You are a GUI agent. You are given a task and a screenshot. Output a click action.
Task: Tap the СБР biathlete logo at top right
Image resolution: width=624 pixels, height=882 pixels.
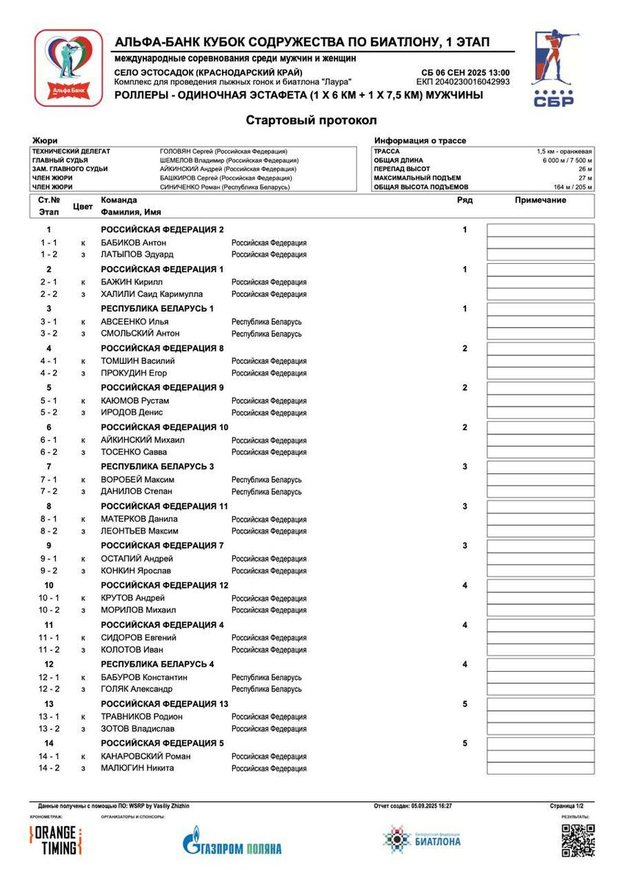tap(555, 68)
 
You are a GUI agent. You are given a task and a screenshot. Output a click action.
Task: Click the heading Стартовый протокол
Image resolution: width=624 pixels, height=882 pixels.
tap(312, 120)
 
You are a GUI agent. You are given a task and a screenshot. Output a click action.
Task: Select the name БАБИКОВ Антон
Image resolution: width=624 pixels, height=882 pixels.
tap(133, 243)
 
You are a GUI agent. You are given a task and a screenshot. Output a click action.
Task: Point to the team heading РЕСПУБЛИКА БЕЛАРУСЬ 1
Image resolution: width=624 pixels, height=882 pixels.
tap(157, 309)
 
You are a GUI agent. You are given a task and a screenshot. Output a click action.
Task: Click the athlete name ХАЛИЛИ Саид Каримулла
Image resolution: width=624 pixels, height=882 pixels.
tap(151, 294)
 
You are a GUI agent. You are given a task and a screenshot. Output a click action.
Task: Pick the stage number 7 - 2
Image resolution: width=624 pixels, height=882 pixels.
tap(49, 491)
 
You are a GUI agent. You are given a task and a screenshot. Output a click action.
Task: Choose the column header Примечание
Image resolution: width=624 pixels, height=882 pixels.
tap(540, 200)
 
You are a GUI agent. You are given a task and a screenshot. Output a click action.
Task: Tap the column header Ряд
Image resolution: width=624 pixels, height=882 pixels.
tap(465, 200)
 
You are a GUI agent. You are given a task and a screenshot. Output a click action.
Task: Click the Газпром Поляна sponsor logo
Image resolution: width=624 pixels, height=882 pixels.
tap(232, 842)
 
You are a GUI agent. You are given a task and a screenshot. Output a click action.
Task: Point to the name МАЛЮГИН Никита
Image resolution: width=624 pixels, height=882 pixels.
tap(137, 768)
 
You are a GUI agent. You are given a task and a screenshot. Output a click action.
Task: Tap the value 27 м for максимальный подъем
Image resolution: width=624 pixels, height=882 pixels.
tap(585, 178)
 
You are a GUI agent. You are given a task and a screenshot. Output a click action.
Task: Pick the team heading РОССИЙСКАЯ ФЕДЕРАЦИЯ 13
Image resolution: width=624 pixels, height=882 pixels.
tap(165, 704)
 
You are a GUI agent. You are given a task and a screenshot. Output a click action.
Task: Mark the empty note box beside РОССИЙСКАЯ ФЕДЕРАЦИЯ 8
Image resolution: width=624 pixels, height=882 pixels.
tap(540, 348)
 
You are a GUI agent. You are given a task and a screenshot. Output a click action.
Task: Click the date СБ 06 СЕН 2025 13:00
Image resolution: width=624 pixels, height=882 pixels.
tap(465, 72)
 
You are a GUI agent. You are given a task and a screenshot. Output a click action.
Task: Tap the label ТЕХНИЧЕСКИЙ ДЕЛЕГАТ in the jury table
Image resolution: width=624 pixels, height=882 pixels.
tap(71, 151)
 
